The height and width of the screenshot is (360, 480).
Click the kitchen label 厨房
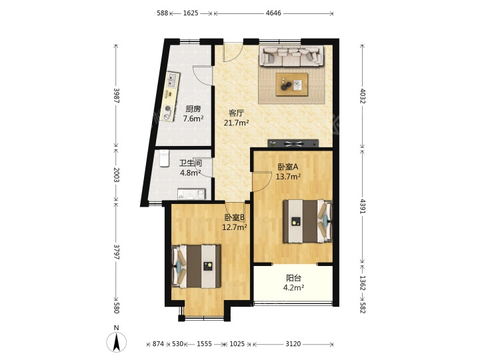click(x=193, y=109)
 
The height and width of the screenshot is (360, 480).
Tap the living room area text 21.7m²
click(x=236, y=123)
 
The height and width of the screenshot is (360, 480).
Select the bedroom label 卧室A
click(x=288, y=167)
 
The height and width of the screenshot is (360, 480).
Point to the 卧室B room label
click(x=235, y=217)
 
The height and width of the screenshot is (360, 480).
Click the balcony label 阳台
click(x=293, y=278)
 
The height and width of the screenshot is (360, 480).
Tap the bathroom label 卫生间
click(x=191, y=163)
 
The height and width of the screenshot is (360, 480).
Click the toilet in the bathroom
click(x=164, y=158)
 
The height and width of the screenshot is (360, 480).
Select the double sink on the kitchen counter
click(x=172, y=80)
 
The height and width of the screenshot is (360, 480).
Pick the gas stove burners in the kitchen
click(x=167, y=113)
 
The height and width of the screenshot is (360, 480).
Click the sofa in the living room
click(x=291, y=55)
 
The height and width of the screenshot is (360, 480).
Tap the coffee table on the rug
click(x=292, y=85)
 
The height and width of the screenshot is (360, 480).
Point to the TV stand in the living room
click(x=293, y=143)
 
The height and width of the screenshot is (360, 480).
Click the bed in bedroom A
click(x=307, y=221)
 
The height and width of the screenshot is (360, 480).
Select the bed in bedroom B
click(x=196, y=266)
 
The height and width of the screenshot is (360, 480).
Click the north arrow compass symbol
click(x=116, y=342)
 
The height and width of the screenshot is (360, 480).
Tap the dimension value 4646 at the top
click(x=273, y=13)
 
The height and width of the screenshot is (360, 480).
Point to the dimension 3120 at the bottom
click(x=293, y=344)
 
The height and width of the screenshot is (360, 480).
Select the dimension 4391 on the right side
click(x=363, y=207)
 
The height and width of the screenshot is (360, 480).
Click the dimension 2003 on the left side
click(x=116, y=175)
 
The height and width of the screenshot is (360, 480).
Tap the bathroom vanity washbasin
click(x=191, y=194)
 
